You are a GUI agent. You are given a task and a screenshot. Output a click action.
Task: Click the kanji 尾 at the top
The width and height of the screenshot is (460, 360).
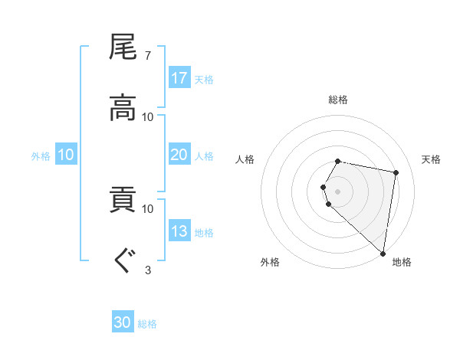click(x=123, y=47)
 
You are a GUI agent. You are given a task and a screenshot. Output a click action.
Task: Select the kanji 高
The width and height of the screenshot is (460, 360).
click(x=123, y=108)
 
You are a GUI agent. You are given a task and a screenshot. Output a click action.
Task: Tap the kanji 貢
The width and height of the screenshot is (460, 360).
click(x=123, y=200)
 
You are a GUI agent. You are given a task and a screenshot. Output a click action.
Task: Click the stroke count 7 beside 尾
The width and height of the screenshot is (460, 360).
click(x=148, y=55)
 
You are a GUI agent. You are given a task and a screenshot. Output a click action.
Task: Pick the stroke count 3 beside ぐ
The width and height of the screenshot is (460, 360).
click(x=148, y=269)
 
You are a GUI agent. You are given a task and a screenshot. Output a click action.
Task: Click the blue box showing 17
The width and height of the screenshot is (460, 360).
click(x=179, y=78)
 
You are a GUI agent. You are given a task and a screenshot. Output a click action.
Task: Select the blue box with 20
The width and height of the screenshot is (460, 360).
click(x=179, y=155)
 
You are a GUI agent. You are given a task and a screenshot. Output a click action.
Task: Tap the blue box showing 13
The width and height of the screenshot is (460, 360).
click(x=179, y=231)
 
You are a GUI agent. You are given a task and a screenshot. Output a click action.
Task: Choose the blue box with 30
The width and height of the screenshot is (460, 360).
click(x=123, y=323)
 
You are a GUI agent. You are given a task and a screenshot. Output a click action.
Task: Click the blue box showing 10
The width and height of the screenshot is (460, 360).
click(x=66, y=155)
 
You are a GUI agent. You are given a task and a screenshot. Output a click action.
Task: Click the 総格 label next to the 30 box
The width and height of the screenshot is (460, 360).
click(x=147, y=324)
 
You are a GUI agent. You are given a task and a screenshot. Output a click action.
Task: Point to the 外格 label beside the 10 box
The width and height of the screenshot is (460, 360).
click(x=41, y=155)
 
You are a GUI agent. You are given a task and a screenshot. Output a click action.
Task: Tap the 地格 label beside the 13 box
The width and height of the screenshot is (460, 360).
click(x=204, y=232)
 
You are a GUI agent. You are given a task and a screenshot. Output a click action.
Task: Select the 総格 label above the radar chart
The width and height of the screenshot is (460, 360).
click(x=338, y=100)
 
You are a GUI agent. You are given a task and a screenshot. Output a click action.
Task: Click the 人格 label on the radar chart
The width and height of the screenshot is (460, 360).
click(x=245, y=159)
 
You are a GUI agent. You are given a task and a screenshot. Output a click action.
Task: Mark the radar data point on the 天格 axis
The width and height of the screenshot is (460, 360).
click(x=396, y=172)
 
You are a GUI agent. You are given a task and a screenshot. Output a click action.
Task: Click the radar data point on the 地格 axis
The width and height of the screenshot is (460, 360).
click(x=383, y=254)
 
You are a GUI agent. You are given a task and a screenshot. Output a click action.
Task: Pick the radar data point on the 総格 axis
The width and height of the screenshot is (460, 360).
click(x=338, y=161)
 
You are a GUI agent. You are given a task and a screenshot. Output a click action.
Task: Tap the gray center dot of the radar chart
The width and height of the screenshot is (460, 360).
click(x=338, y=191)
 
